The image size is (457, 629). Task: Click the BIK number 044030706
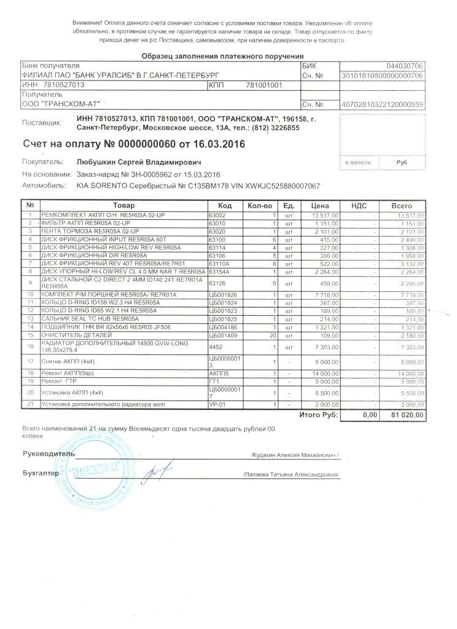(405, 66)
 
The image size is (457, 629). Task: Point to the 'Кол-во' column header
(259, 205)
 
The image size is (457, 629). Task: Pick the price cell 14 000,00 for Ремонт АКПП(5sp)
(321, 373)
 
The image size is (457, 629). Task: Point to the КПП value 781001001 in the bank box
(264, 85)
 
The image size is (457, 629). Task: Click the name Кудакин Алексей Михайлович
(295, 455)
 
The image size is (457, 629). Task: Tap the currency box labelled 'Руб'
(402, 163)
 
